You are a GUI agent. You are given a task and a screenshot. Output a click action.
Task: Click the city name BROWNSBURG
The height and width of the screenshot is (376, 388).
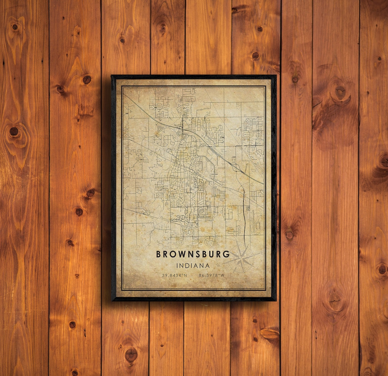[193, 254]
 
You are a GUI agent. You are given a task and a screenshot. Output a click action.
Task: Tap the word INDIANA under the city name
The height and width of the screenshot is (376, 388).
[193, 266]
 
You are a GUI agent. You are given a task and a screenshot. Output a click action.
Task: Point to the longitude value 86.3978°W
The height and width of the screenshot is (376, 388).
[211, 275]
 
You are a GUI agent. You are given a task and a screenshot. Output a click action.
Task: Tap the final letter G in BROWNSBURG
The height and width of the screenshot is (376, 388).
[227, 254]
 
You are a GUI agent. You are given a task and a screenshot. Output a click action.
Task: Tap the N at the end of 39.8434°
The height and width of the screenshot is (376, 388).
[186, 275]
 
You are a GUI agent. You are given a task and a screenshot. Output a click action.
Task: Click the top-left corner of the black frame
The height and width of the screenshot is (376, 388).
[112, 76]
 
